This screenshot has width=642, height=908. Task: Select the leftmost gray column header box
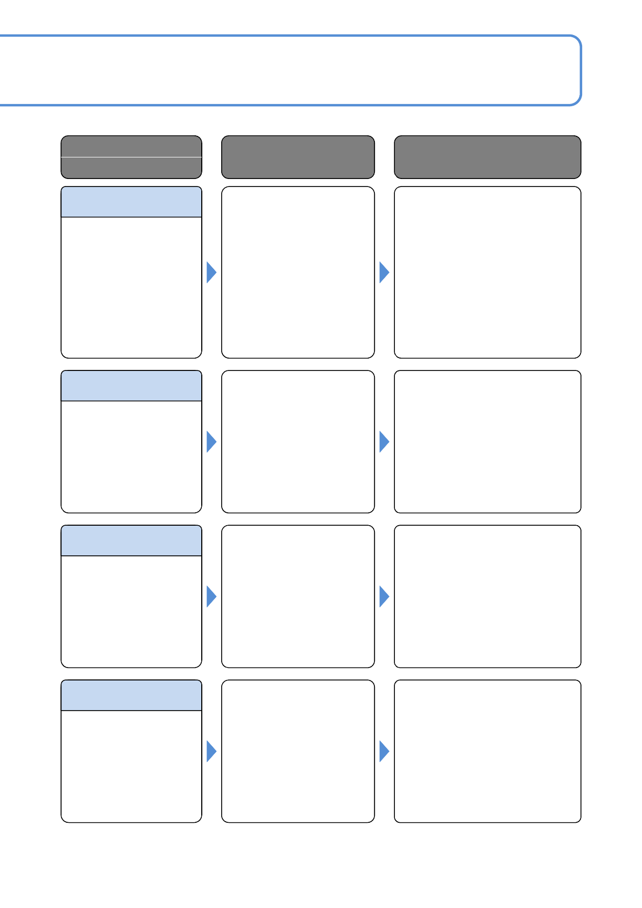coord(131,157)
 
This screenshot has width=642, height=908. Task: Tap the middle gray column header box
coord(298,157)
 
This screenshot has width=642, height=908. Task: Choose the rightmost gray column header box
coord(487,157)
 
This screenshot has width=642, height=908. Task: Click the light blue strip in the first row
coord(131,202)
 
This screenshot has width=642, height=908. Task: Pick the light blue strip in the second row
coord(131,386)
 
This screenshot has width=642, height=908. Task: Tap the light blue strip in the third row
coord(131,541)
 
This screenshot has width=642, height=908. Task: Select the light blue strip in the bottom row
coord(131,696)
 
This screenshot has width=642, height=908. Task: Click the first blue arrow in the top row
coord(211,272)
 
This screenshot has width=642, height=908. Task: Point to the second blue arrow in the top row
coord(384,272)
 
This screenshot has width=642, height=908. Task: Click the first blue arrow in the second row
coord(211,442)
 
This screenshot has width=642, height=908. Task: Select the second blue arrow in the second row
coord(384,442)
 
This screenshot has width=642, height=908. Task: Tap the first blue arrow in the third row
coord(211,596)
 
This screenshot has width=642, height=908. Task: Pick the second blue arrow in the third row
coord(384,596)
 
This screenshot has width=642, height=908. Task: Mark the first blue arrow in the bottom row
coord(211,751)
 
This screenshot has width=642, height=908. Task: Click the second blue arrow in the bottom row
coord(384,751)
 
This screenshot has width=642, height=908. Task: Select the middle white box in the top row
coord(298,272)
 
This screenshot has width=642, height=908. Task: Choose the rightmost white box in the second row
coord(487,442)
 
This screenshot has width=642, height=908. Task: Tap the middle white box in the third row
coord(298,596)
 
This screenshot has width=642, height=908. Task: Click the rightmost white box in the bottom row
coord(487,751)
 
